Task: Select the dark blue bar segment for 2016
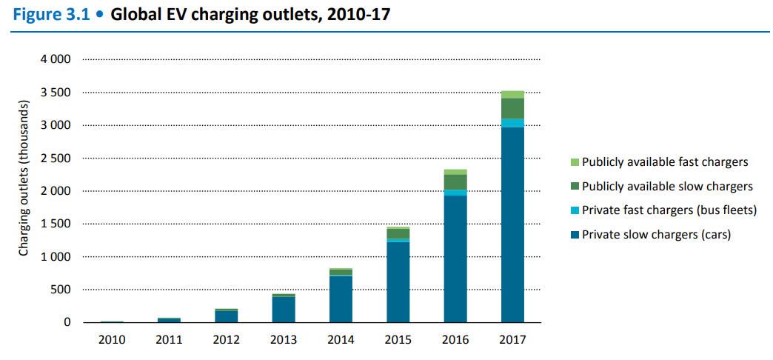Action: coord(455,259)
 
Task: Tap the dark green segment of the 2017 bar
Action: coord(512,108)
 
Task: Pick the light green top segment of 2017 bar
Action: coord(512,94)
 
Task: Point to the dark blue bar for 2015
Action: coord(398,281)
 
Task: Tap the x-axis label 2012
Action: coord(227,340)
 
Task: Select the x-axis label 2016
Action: coord(455,340)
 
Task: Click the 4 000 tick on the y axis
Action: coord(56,59)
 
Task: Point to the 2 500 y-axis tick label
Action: coord(56,159)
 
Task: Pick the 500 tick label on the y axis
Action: coord(62,290)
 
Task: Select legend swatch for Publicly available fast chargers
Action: coord(575,162)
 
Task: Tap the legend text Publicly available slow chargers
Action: coord(667,187)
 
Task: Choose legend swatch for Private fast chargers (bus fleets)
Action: coord(575,211)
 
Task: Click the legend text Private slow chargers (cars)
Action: coord(656,236)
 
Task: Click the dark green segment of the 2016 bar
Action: coord(455,181)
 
